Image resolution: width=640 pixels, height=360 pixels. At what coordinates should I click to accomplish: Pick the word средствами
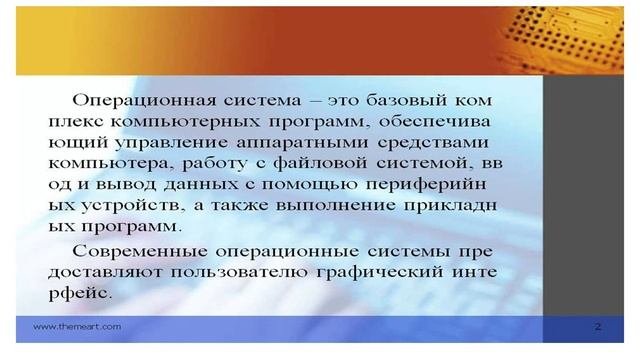pyautogui.click(x=446, y=143)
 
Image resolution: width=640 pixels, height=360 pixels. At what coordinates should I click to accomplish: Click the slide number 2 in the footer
pyautogui.click(x=596, y=326)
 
